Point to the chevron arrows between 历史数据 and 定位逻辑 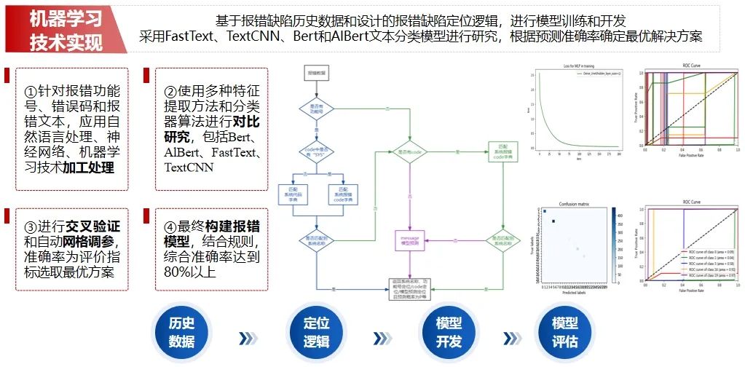pos(248,338)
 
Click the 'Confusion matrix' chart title pos(578,205)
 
